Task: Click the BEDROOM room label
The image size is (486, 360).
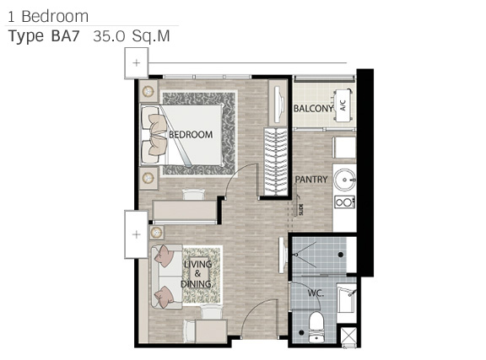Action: coord(191,134)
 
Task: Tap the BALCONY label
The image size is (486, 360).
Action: coord(313,109)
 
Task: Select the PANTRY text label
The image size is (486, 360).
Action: coord(311,180)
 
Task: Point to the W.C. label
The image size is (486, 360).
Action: coord(316,293)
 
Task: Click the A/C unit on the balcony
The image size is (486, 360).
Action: coord(343,105)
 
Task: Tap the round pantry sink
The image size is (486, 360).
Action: coord(344,180)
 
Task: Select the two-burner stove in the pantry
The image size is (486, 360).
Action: coord(344,202)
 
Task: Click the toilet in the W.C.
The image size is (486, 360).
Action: coord(316,327)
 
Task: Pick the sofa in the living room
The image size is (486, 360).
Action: coord(166,277)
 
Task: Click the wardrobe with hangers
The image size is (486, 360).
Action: coord(276,162)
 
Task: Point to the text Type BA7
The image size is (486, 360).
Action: coord(44,36)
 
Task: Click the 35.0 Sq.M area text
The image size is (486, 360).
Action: coord(132,36)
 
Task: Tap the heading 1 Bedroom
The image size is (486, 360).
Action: coord(48,16)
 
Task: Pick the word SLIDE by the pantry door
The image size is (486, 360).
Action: coord(301,209)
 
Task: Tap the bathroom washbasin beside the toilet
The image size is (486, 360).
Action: coord(346,299)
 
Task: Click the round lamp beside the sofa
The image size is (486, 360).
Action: coord(157,232)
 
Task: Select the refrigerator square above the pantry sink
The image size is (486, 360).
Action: coord(344,148)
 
